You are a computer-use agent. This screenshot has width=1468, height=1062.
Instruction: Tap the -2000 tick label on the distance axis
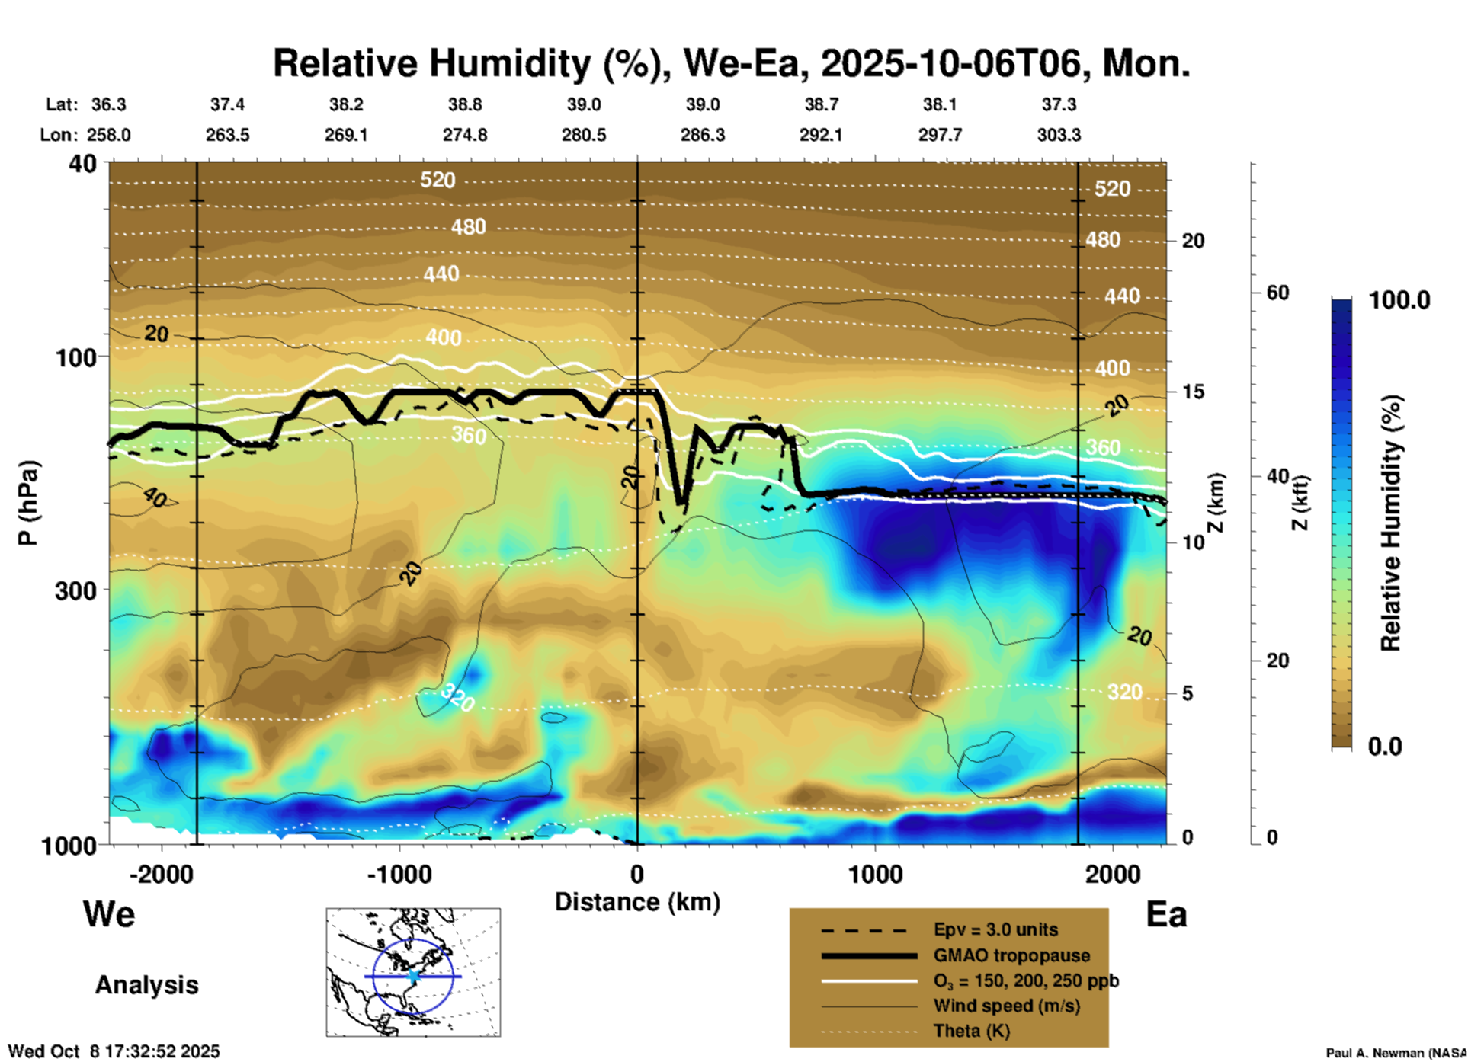click(x=161, y=874)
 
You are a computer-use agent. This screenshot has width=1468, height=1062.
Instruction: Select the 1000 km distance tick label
click(x=875, y=874)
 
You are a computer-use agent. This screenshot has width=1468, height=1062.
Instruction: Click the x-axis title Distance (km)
click(x=637, y=902)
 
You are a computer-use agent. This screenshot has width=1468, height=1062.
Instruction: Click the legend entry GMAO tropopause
click(x=1011, y=955)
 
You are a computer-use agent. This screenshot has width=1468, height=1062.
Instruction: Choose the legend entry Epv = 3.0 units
click(x=995, y=930)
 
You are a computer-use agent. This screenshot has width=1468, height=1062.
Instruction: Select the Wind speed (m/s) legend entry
click(x=1006, y=1006)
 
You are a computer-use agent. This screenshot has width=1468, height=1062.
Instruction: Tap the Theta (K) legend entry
click(x=971, y=1031)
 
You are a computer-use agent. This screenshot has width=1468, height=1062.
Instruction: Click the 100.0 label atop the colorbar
click(x=1399, y=300)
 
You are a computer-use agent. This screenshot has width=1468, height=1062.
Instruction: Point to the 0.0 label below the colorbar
click(x=1385, y=747)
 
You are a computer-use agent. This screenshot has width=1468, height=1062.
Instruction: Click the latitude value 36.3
click(x=108, y=104)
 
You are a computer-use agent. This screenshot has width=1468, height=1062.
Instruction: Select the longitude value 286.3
click(x=702, y=135)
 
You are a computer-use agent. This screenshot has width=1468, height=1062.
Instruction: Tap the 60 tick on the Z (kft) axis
click(x=1277, y=293)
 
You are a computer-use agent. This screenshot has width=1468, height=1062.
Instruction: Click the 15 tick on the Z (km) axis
click(x=1192, y=392)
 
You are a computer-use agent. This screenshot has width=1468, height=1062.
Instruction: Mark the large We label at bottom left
click(x=109, y=914)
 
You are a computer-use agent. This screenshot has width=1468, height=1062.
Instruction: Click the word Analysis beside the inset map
click(x=146, y=985)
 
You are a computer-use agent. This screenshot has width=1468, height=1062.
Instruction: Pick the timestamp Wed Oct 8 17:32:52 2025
click(x=114, y=1051)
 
